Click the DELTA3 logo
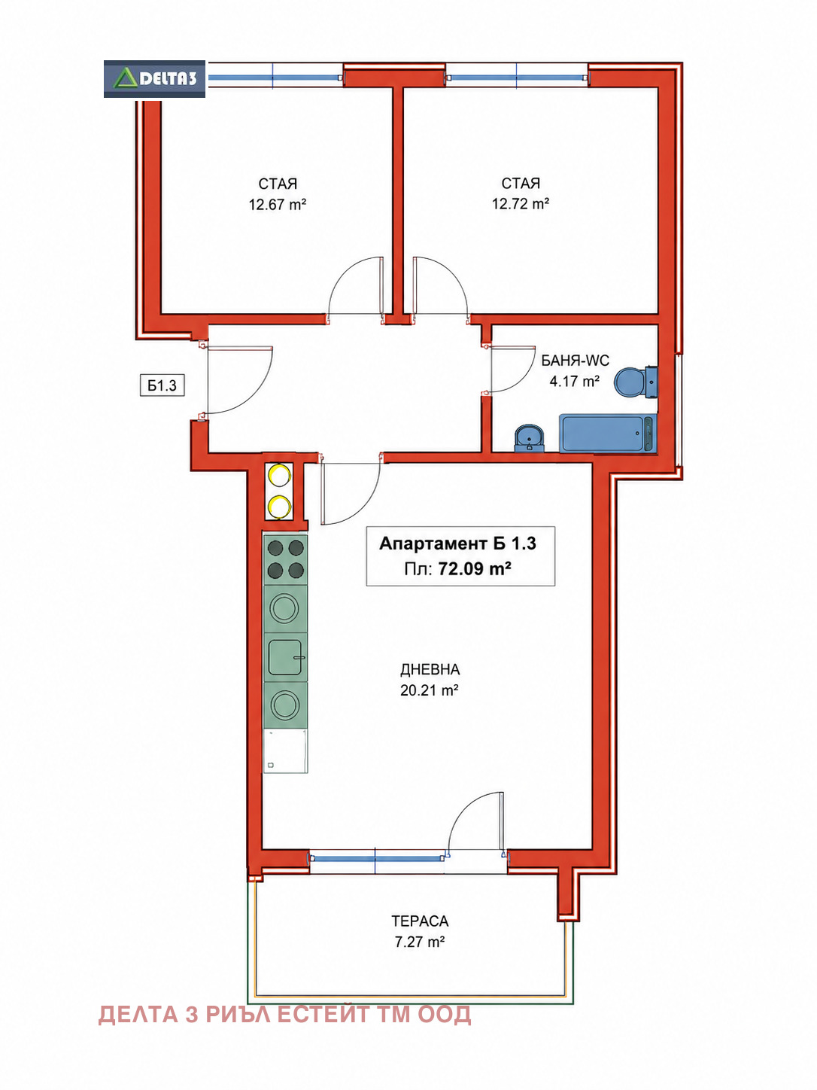(154, 79)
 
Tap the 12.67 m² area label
(278, 205)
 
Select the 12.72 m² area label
(521, 203)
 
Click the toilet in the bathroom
(636, 382)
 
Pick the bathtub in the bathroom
(608, 434)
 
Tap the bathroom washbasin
(530, 438)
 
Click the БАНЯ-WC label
(575, 361)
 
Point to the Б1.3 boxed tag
(162, 385)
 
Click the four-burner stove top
(285, 559)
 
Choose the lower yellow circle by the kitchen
(279, 506)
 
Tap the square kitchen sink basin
(285, 657)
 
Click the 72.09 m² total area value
(475, 568)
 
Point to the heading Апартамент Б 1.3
(458, 543)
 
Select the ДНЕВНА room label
(430, 670)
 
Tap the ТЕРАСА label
(420, 921)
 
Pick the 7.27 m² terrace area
(420, 942)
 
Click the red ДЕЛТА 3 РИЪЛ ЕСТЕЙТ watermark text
(284, 1015)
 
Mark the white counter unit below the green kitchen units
(285, 751)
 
